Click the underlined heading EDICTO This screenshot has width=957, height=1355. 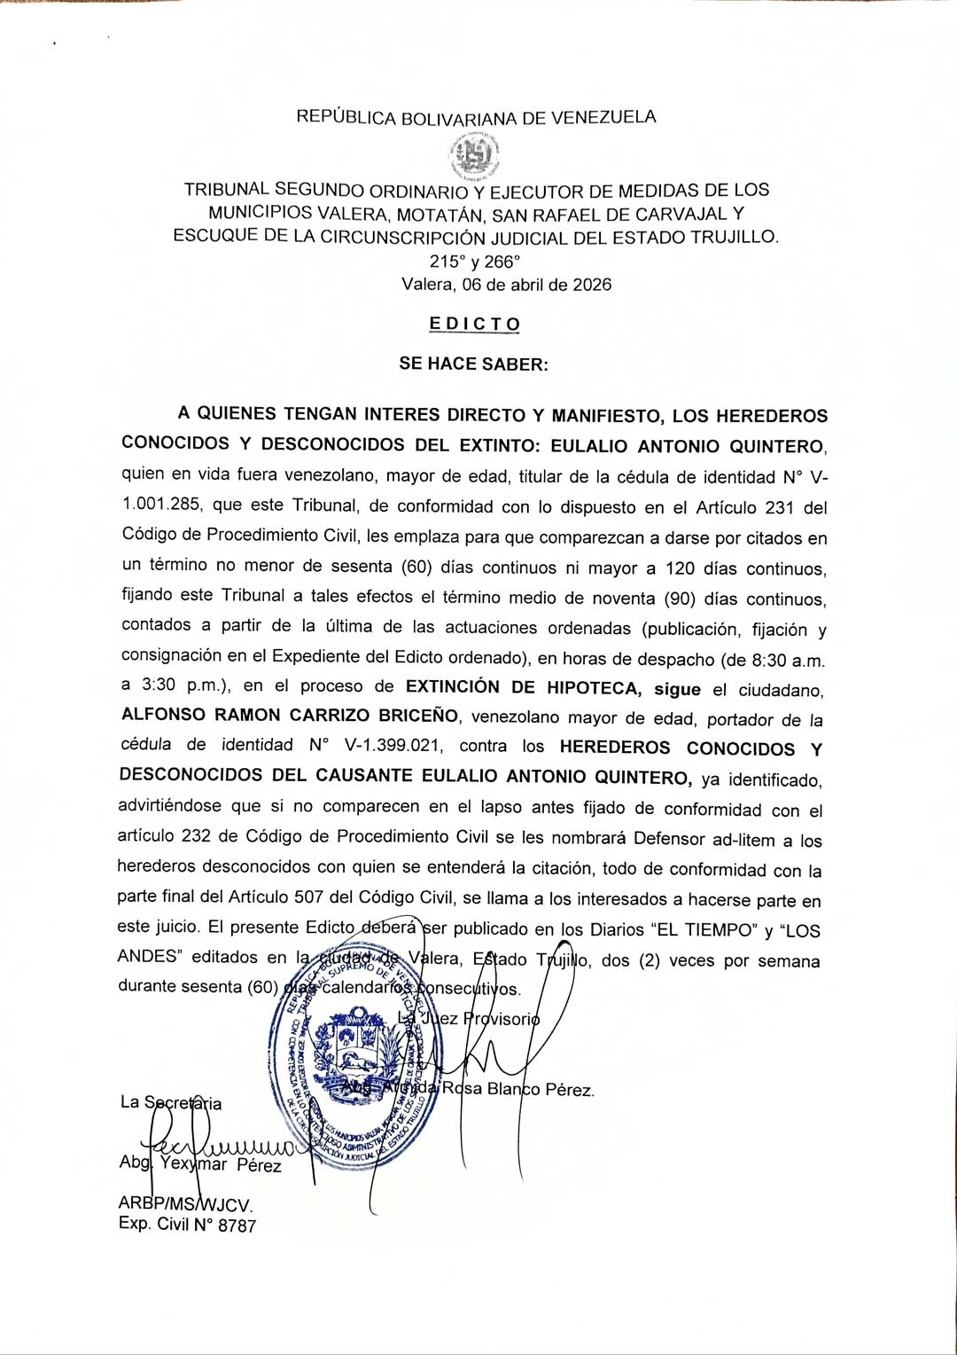pos(474,324)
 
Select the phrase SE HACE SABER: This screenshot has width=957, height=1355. pos(473,364)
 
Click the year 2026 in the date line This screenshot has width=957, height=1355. pos(591,285)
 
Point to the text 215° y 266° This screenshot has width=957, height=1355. pos(475,262)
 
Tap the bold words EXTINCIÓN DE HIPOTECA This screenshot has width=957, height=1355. pos(524,687)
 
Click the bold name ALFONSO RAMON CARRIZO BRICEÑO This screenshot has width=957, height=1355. pos(290,715)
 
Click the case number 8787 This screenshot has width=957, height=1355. pos(237,1226)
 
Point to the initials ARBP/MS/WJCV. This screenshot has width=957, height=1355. pos(185,1204)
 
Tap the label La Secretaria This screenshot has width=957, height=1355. pos(171,1103)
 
